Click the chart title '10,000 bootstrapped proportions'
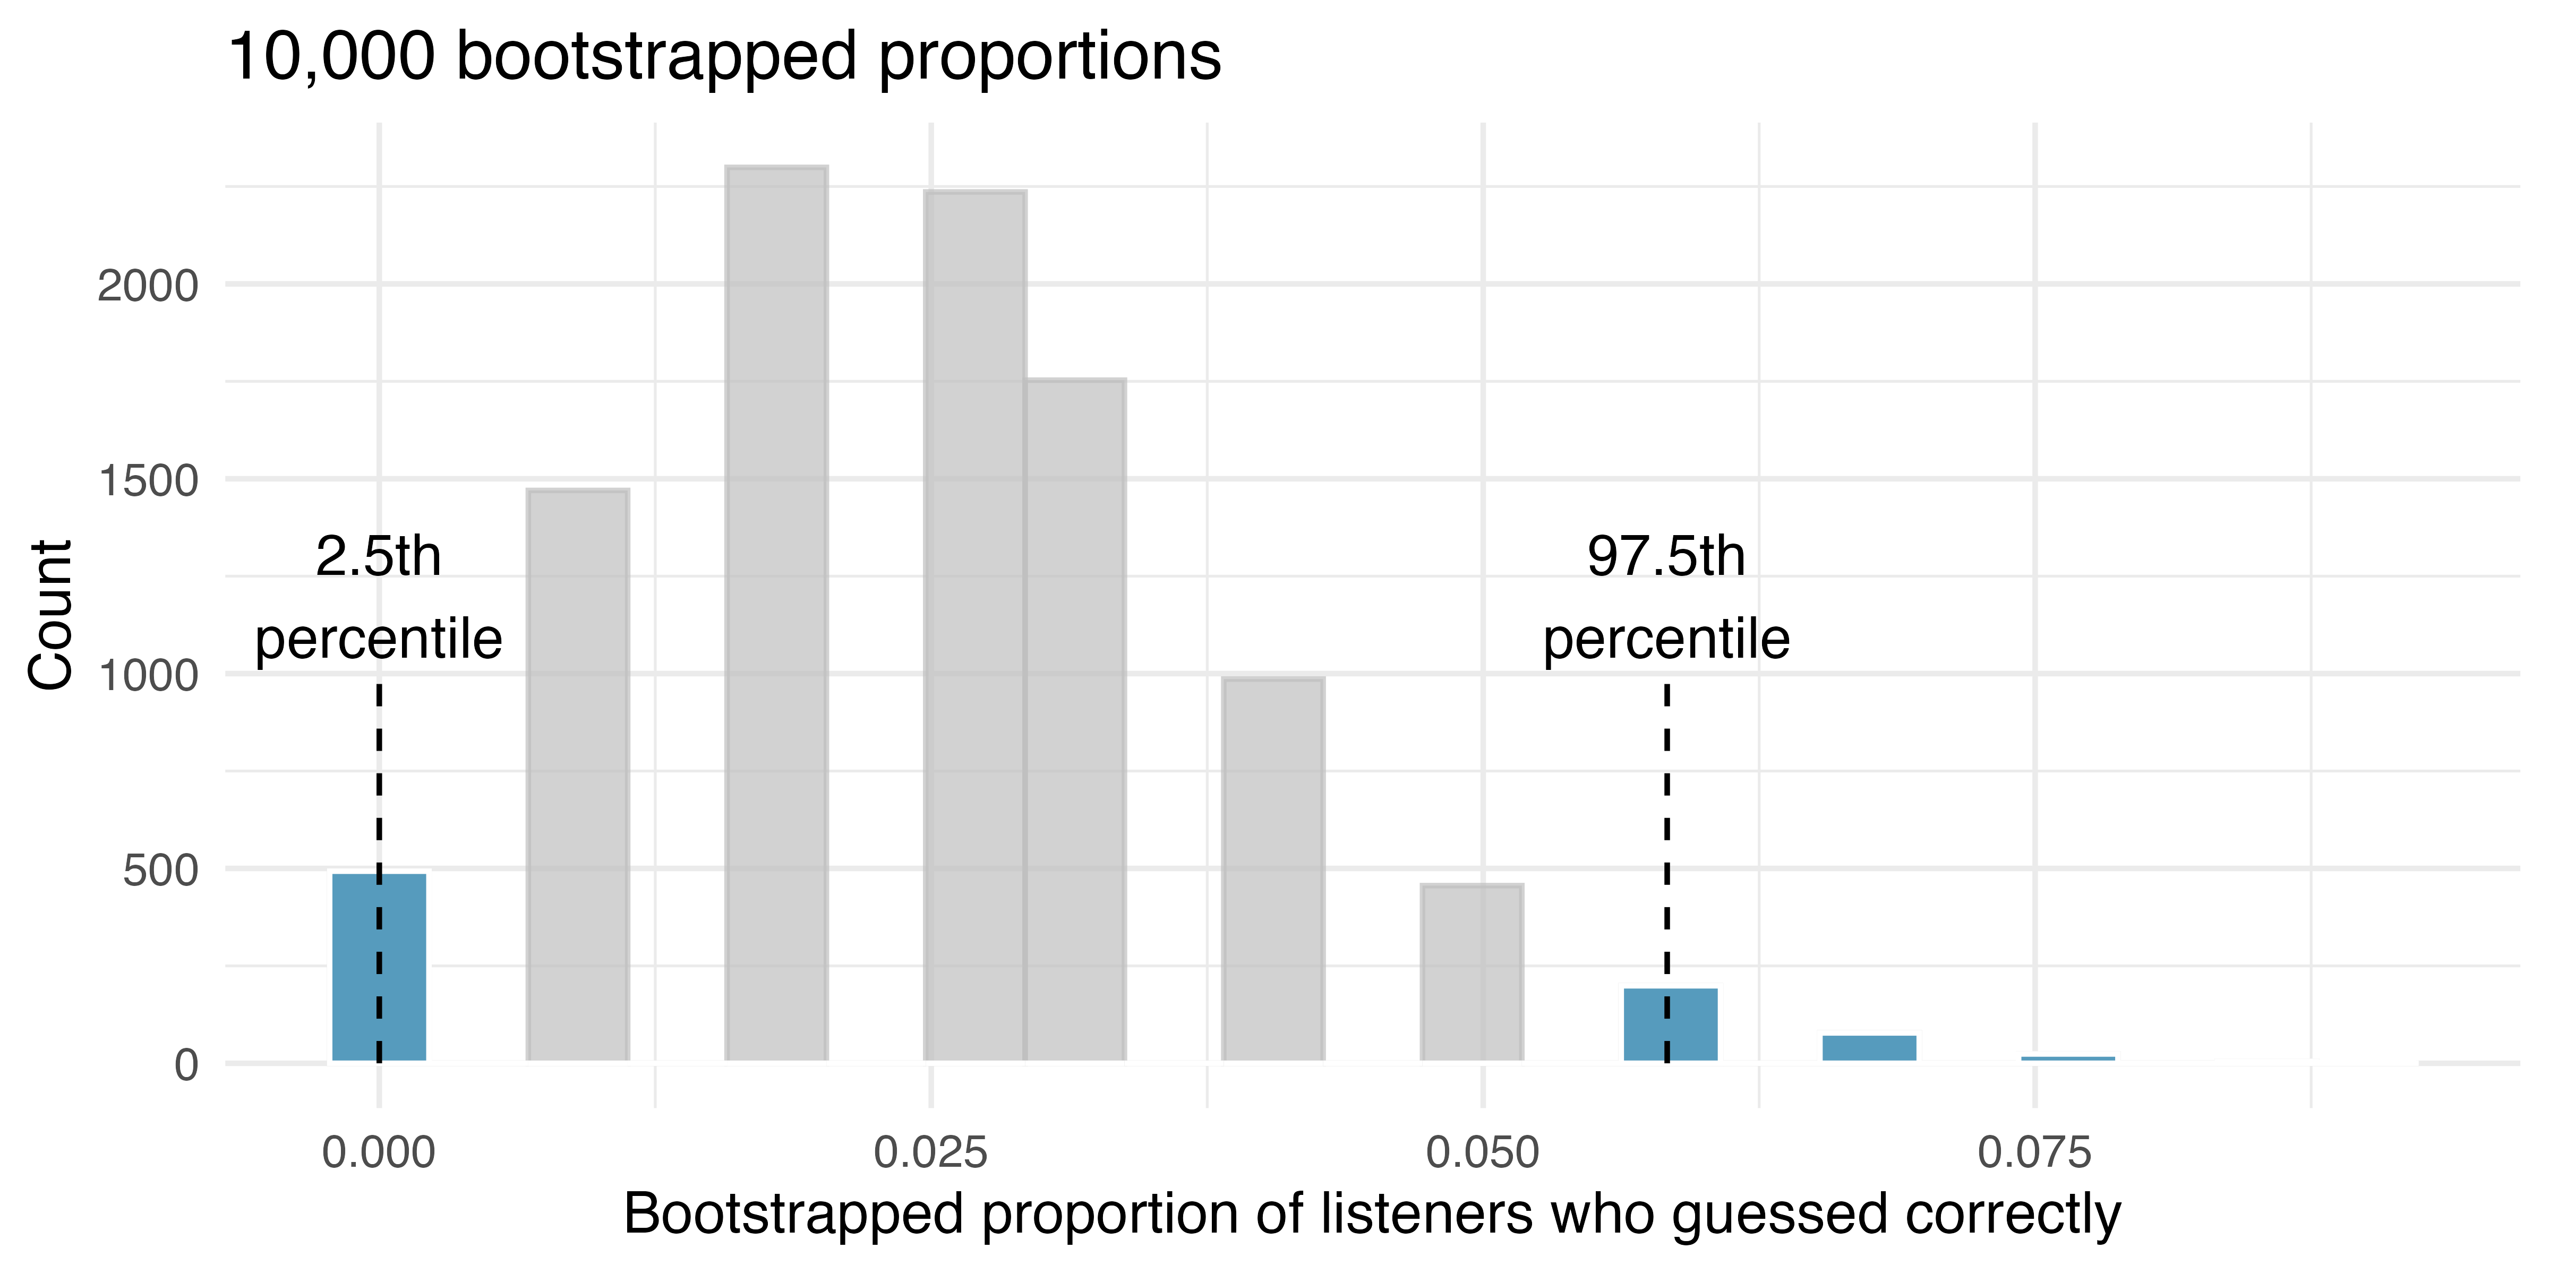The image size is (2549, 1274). click(x=724, y=57)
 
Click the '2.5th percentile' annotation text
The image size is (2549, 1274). click(x=379, y=597)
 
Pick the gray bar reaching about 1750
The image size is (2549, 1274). click(x=1075, y=720)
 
